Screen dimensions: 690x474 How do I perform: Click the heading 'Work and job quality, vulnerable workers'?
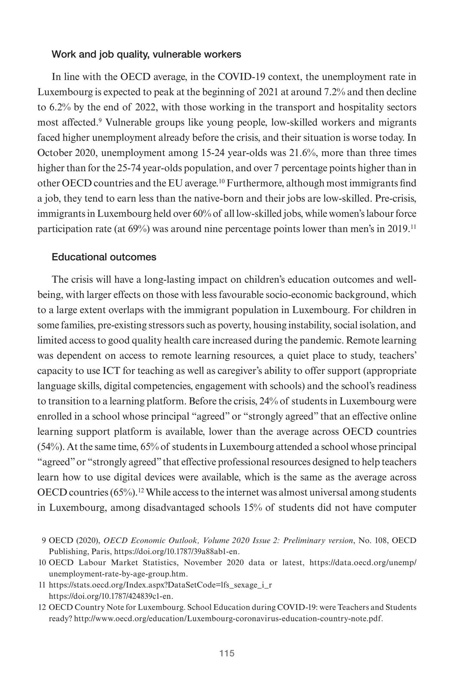pyautogui.click(x=146, y=55)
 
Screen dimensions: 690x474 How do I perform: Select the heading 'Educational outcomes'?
pyautogui.click(x=104, y=257)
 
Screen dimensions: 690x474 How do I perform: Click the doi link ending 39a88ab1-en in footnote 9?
pyautogui.click(x=178, y=552)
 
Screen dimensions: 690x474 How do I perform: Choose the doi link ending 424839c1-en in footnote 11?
pyautogui.click(x=111, y=596)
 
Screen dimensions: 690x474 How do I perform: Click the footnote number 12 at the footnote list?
pyautogui.click(x=42, y=607)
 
